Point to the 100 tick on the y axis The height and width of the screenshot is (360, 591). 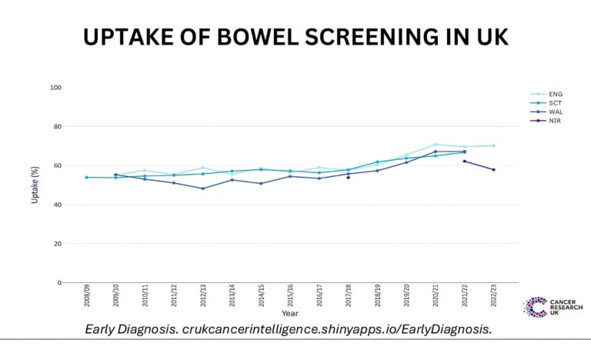point(55,87)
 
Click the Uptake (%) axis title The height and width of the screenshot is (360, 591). point(35,185)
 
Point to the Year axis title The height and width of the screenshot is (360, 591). point(290,314)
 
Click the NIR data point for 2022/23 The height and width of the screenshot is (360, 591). point(493,169)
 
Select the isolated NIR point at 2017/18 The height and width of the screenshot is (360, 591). point(348,177)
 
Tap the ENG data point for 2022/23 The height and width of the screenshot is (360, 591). point(493,145)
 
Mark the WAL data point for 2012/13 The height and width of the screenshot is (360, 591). point(202,188)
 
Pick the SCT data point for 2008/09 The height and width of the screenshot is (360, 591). point(86,177)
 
